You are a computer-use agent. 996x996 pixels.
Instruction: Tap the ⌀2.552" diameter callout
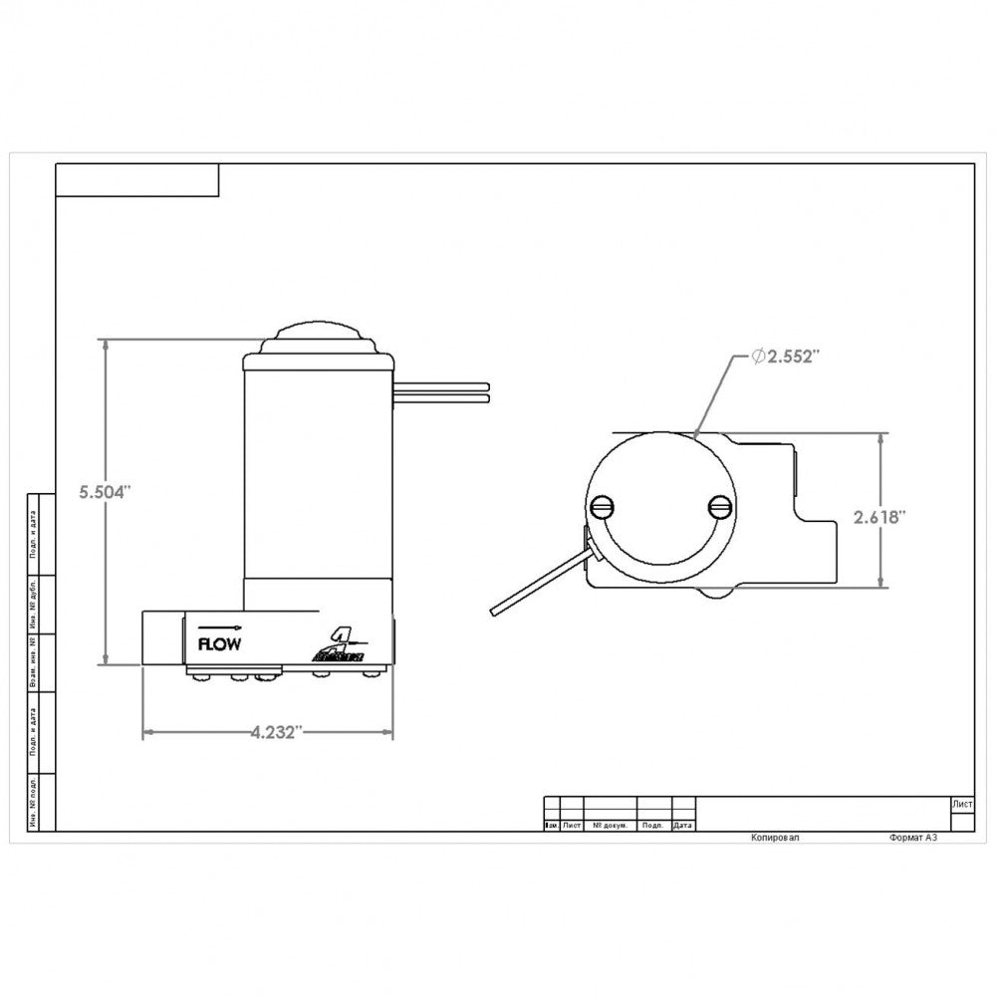point(785,357)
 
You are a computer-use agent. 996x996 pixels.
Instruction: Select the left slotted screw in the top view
point(604,507)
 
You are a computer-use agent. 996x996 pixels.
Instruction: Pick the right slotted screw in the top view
point(719,507)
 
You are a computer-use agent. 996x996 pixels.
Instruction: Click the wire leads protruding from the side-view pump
point(443,389)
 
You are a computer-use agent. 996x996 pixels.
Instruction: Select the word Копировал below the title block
point(774,839)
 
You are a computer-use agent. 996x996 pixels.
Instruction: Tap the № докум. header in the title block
point(609,826)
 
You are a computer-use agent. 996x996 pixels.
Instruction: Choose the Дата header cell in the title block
point(682,826)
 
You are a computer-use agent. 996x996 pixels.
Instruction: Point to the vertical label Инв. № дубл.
point(34,601)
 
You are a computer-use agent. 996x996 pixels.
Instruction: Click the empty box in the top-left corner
point(136,180)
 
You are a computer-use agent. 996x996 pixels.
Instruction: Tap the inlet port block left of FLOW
point(161,638)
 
